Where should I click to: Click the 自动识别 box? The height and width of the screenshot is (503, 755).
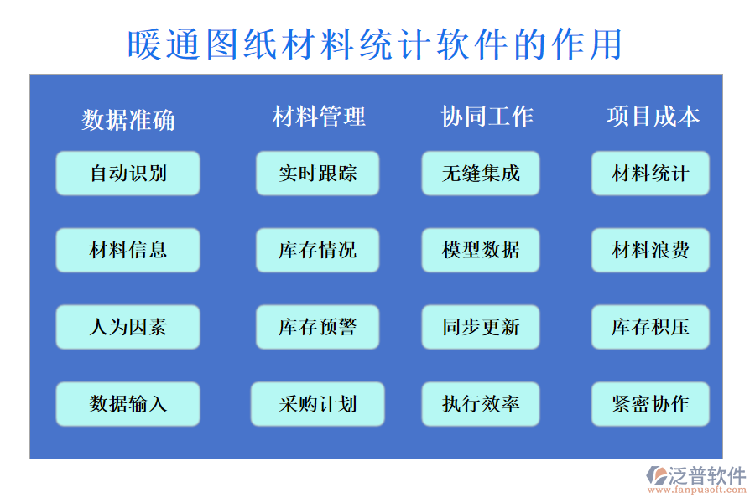pos(128,174)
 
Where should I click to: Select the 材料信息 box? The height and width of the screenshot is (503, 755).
pos(128,250)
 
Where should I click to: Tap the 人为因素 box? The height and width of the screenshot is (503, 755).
pos(128,327)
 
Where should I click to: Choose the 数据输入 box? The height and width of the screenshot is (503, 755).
pos(128,404)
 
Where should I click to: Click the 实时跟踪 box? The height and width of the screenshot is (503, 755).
pos(317,174)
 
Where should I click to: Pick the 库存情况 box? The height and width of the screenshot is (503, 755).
pos(317,250)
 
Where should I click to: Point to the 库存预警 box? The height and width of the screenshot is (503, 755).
pos(317,327)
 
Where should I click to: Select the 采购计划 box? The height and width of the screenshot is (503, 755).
pos(317,404)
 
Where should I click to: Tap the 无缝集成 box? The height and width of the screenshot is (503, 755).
pos(481,174)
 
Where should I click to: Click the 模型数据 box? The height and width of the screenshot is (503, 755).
pos(481,250)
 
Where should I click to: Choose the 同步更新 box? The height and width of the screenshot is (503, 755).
pos(481,327)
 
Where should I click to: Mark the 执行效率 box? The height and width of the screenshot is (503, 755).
pos(481,404)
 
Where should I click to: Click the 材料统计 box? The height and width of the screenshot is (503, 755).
pos(650,174)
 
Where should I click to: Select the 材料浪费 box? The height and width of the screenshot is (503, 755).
pos(650,250)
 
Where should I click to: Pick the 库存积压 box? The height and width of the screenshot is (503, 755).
pos(650,327)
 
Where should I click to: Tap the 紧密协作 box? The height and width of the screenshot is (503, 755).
pos(650,404)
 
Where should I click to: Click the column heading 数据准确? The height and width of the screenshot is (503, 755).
pos(128,120)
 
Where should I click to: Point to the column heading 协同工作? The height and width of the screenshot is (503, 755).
pos(487,117)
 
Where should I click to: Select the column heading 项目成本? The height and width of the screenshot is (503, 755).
pos(653,117)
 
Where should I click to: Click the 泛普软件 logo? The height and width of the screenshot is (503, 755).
pos(696,479)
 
